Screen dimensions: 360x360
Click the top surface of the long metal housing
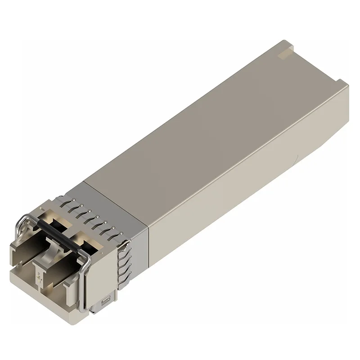[x=202, y=126]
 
